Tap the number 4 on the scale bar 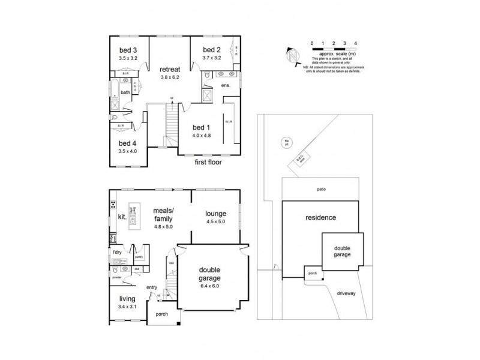[356, 43]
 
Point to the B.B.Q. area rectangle [300, 159]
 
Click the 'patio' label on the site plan [321, 189]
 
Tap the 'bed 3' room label [128, 50]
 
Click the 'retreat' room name [170, 68]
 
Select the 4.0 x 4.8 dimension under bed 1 [203, 136]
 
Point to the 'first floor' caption [208, 162]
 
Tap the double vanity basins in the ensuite [226, 74]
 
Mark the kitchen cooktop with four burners [113, 206]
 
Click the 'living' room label [127, 298]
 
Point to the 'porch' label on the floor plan [162, 314]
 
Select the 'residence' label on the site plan [320, 217]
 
